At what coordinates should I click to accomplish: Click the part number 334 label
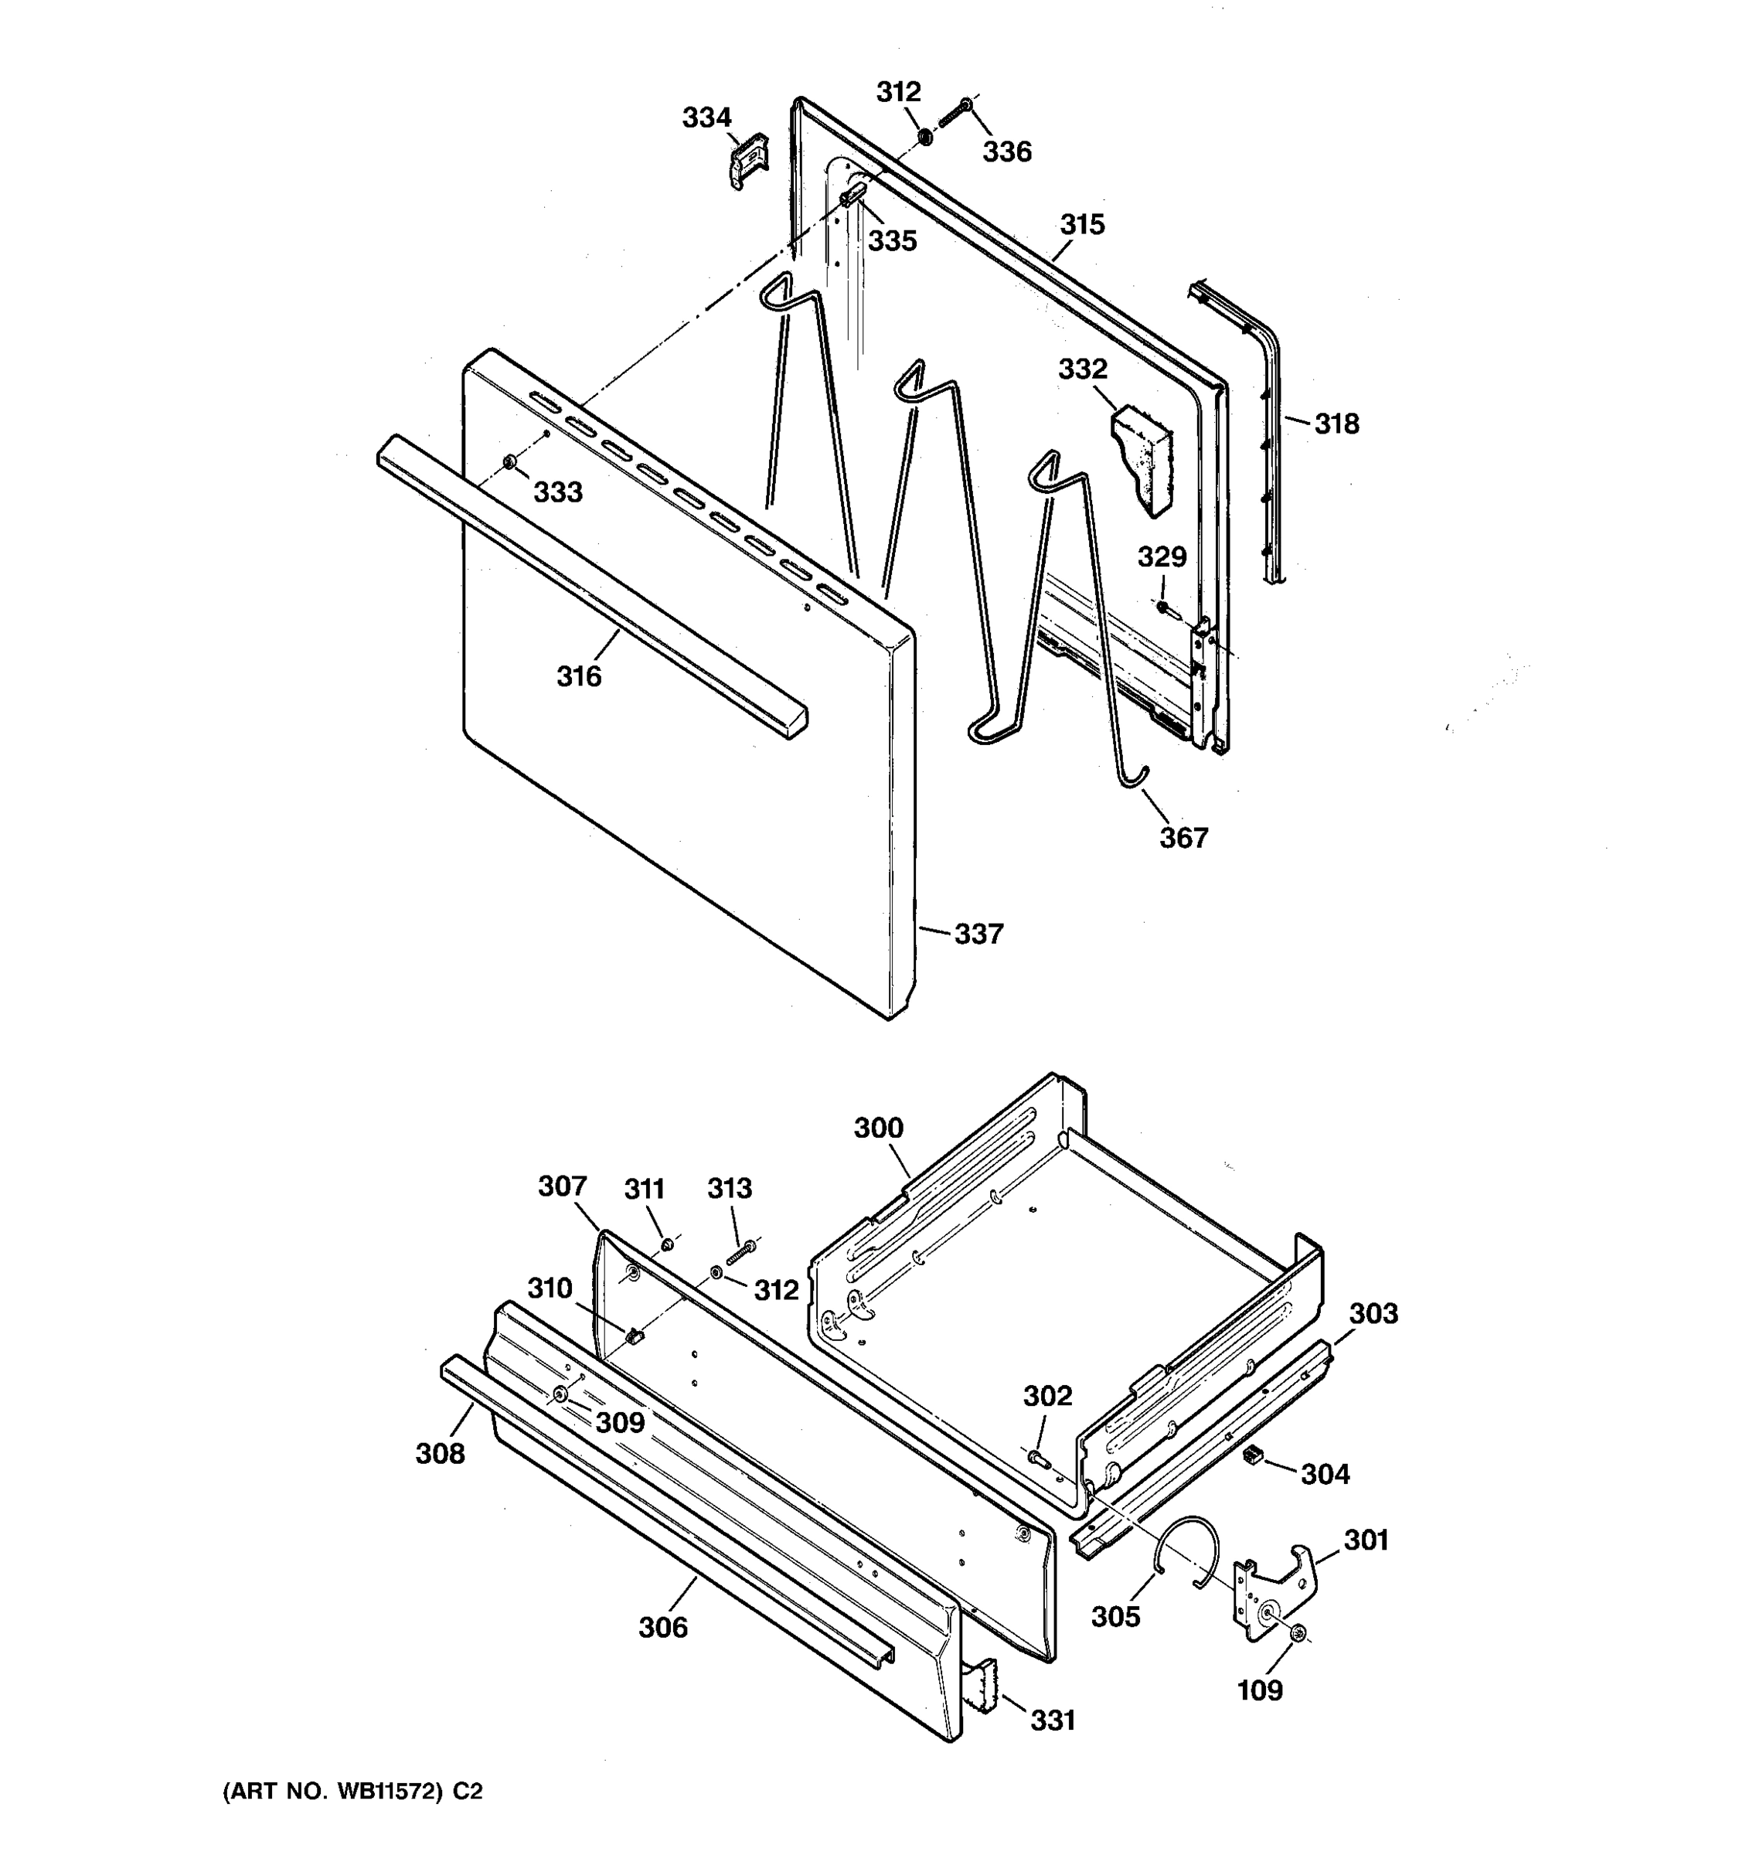(706, 117)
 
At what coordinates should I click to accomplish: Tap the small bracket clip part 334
(747, 162)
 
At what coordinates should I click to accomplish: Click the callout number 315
(1082, 224)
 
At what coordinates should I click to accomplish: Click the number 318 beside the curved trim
(1337, 424)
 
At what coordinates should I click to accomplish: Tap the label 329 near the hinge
(1162, 557)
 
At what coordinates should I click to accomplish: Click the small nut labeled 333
(509, 462)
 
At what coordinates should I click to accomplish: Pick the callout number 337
(978, 934)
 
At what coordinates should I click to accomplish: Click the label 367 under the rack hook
(1184, 838)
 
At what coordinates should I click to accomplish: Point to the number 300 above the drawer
(879, 1128)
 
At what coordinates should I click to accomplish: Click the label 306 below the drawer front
(663, 1627)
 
